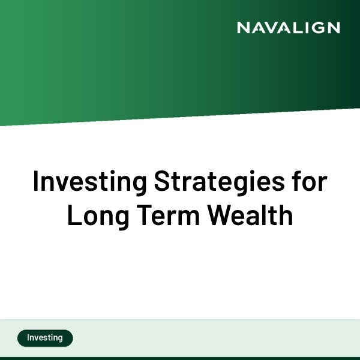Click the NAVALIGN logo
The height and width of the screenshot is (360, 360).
(288, 28)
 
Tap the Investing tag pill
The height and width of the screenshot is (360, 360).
(45, 338)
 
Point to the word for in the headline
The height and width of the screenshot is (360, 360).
(311, 181)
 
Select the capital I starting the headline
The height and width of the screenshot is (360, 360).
(36, 181)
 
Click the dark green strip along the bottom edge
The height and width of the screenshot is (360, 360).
(180, 358)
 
